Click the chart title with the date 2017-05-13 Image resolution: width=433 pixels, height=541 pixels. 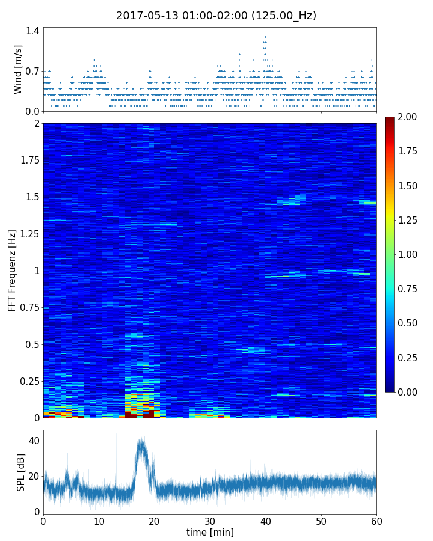pos(216,16)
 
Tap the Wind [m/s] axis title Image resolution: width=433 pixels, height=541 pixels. pos(18,69)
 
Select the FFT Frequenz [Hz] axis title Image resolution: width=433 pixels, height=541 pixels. pos(12,270)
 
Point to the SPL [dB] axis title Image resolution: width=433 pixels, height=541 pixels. pos(22,472)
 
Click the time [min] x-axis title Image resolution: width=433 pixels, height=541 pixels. pos(210,532)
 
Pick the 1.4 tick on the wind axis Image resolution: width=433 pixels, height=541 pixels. pos(32,31)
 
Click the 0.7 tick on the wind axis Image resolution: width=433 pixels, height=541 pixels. pos(32,71)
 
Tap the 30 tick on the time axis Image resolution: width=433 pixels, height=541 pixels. pos(210,521)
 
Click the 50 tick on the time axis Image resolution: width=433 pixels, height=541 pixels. pos(321,521)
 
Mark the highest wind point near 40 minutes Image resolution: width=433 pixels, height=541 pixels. pos(265,31)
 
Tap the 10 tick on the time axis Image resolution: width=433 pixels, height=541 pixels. pos(99,521)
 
